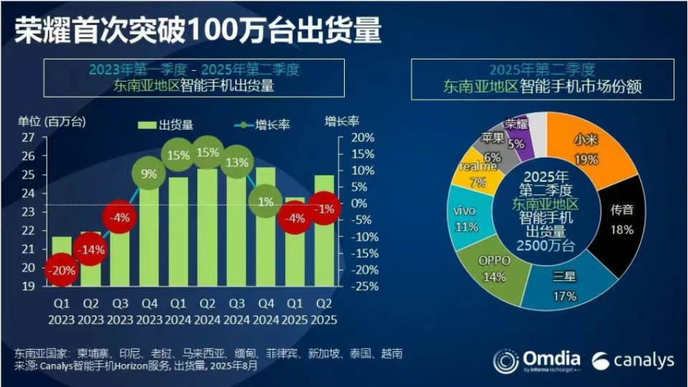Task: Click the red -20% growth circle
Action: tap(61, 272)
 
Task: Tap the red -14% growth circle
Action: tap(90, 249)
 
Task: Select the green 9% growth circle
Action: tap(149, 173)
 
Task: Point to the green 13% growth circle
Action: tap(237, 161)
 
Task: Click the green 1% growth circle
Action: tap(266, 202)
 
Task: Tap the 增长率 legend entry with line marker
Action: tap(261, 125)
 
